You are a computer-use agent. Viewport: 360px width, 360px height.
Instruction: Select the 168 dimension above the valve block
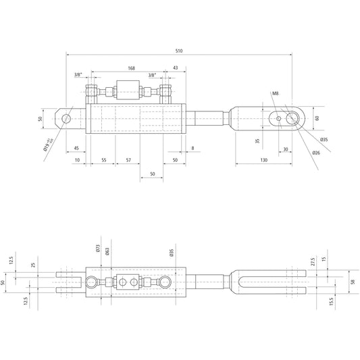tap(131, 68)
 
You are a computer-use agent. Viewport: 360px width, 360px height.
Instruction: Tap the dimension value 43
tap(175, 68)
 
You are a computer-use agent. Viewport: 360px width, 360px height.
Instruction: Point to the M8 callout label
tap(275, 93)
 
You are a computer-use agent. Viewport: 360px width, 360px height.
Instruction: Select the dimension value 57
tap(128, 160)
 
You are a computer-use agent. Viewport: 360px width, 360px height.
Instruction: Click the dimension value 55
tap(103, 160)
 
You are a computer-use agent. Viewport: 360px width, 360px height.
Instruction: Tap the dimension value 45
tap(76, 148)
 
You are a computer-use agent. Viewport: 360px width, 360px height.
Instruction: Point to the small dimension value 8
tap(192, 148)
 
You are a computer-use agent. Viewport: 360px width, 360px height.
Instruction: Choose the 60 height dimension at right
tap(317, 118)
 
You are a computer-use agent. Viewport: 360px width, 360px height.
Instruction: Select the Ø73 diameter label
tap(98, 249)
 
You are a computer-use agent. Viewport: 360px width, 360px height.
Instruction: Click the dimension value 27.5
tap(313, 260)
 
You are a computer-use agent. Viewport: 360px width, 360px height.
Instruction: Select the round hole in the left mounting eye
tap(66, 119)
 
